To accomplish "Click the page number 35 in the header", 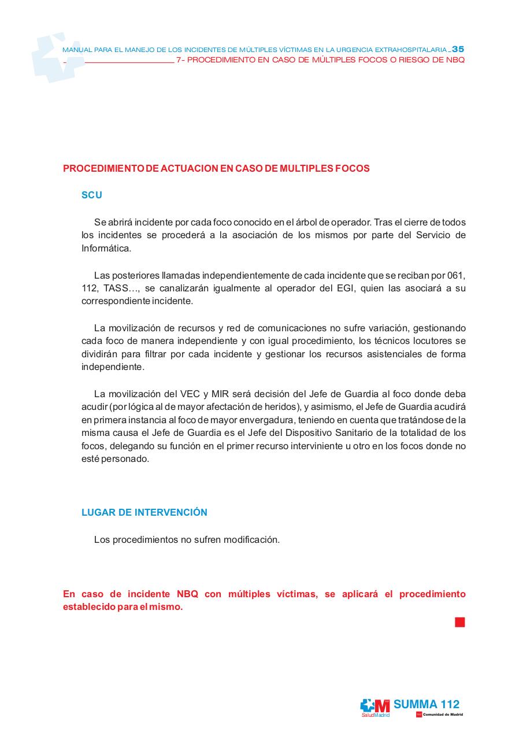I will point(458,49).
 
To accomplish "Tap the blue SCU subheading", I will point(91,195).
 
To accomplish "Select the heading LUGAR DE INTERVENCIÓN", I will point(144,513).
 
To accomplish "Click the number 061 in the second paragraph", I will point(457,275).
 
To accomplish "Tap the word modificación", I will point(251,540).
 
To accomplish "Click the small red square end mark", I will point(460,622).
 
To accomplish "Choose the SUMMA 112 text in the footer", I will point(426,704).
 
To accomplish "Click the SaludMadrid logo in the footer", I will point(375,708).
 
